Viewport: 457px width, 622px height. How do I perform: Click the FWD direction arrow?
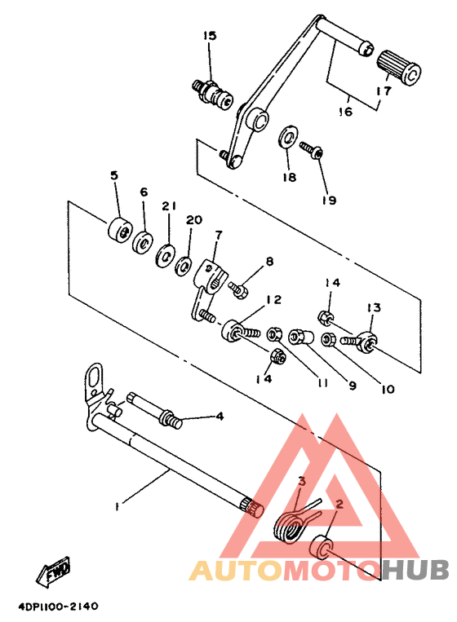click(x=53, y=571)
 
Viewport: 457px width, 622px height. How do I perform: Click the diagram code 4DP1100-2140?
click(x=58, y=607)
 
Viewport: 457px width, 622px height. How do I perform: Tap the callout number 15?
click(x=210, y=36)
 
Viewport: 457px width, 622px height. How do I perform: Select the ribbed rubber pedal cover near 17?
click(x=398, y=68)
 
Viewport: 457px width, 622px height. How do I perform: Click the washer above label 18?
click(x=289, y=137)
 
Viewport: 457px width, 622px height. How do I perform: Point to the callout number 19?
click(x=329, y=200)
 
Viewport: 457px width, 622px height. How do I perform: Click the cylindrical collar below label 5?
click(x=119, y=229)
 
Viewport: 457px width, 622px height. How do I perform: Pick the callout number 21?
click(x=169, y=207)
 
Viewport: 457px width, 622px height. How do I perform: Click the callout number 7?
click(x=218, y=235)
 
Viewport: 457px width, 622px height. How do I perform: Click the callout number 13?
click(x=374, y=307)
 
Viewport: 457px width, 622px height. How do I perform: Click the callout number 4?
click(x=220, y=416)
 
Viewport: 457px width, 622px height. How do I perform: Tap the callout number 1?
click(x=118, y=506)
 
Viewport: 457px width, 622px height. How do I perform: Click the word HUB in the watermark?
click(x=416, y=570)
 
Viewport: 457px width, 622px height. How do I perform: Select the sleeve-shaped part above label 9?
click(x=301, y=337)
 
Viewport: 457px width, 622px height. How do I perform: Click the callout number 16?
click(x=345, y=112)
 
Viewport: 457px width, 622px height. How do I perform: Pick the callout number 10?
click(x=388, y=390)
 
